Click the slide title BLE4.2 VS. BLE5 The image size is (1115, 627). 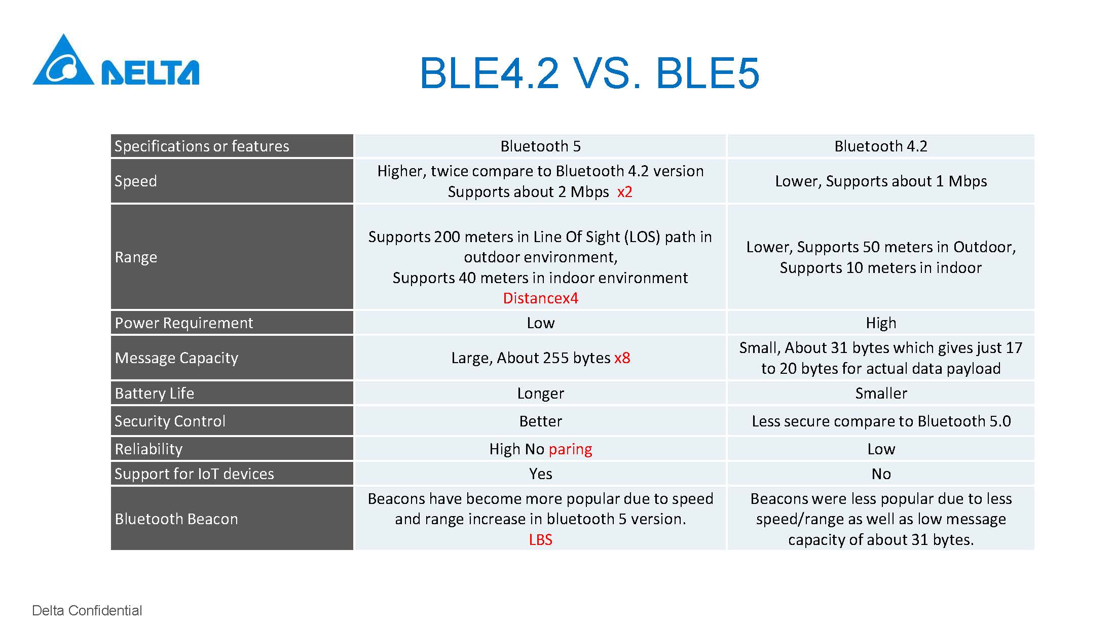pyautogui.click(x=589, y=73)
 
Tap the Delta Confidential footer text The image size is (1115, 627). pyautogui.click(x=87, y=610)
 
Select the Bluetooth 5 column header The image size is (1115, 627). pyautogui.click(x=540, y=146)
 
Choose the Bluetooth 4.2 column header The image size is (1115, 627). pyautogui.click(x=881, y=146)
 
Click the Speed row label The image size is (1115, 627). pyautogui.click(x=135, y=181)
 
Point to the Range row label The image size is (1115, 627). pyautogui.click(x=136, y=257)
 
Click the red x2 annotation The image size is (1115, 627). pyautogui.click(x=624, y=192)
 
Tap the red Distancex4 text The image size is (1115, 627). pyautogui.click(x=540, y=298)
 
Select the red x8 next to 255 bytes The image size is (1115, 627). pyautogui.click(x=622, y=358)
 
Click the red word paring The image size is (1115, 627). pyautogui.click(x=570, y=450)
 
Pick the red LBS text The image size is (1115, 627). pyautogui.click(x=540, y=540)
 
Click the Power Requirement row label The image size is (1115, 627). pyautogui.click(x=183, y=323)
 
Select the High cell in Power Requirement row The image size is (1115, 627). pyautogui.click(x=881, y=323)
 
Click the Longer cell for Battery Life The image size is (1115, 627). pyautogui.click(x=540, y=394)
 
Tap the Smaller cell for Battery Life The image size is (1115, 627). pyautogui.click(x=881, y=394)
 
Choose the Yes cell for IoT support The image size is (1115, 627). pyautogui.click(x=540, y=474)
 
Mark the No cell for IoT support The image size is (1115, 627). pyautogui.click(x=881, y=474)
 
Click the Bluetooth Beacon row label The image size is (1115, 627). pyautogui.click(x=176, y=519)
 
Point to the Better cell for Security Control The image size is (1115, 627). pyautogui.click(x=540, y=421)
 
